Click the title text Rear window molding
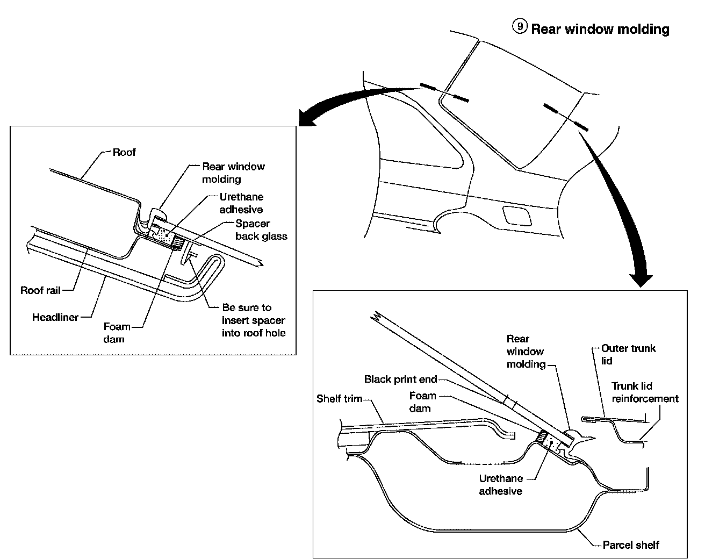click(x=600, y=29)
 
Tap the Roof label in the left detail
click(x=124, y=152)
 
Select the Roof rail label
click(x=40, y=290)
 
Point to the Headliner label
click(x=55, y=317)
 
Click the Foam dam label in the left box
click(x=117, y=333)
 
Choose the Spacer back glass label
click(x=261, y=230)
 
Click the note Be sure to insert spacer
click(x=254, y=320)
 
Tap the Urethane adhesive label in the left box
click(x=241, y=203)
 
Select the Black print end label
click(x=401, y=379)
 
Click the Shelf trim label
click(x=340, y=399)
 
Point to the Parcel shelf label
click(x=630, y=545)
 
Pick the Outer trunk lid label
click(x=628, y=354)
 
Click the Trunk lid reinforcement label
click(x=645, y=392)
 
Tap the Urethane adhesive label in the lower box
click(x=500, y=484)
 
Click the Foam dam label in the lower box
click(x=422, y=402)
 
